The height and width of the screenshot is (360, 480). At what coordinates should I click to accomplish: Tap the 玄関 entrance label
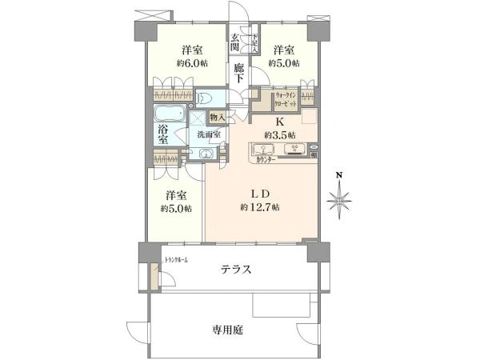coord(237,43)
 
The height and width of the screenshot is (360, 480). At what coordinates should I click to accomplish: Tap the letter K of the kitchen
coord(279,122)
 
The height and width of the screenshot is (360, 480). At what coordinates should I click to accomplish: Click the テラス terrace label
coord(238,270)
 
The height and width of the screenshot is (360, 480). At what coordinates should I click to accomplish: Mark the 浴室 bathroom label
coord(162,134)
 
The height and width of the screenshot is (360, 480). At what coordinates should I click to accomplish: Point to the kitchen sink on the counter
coord(263,149)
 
